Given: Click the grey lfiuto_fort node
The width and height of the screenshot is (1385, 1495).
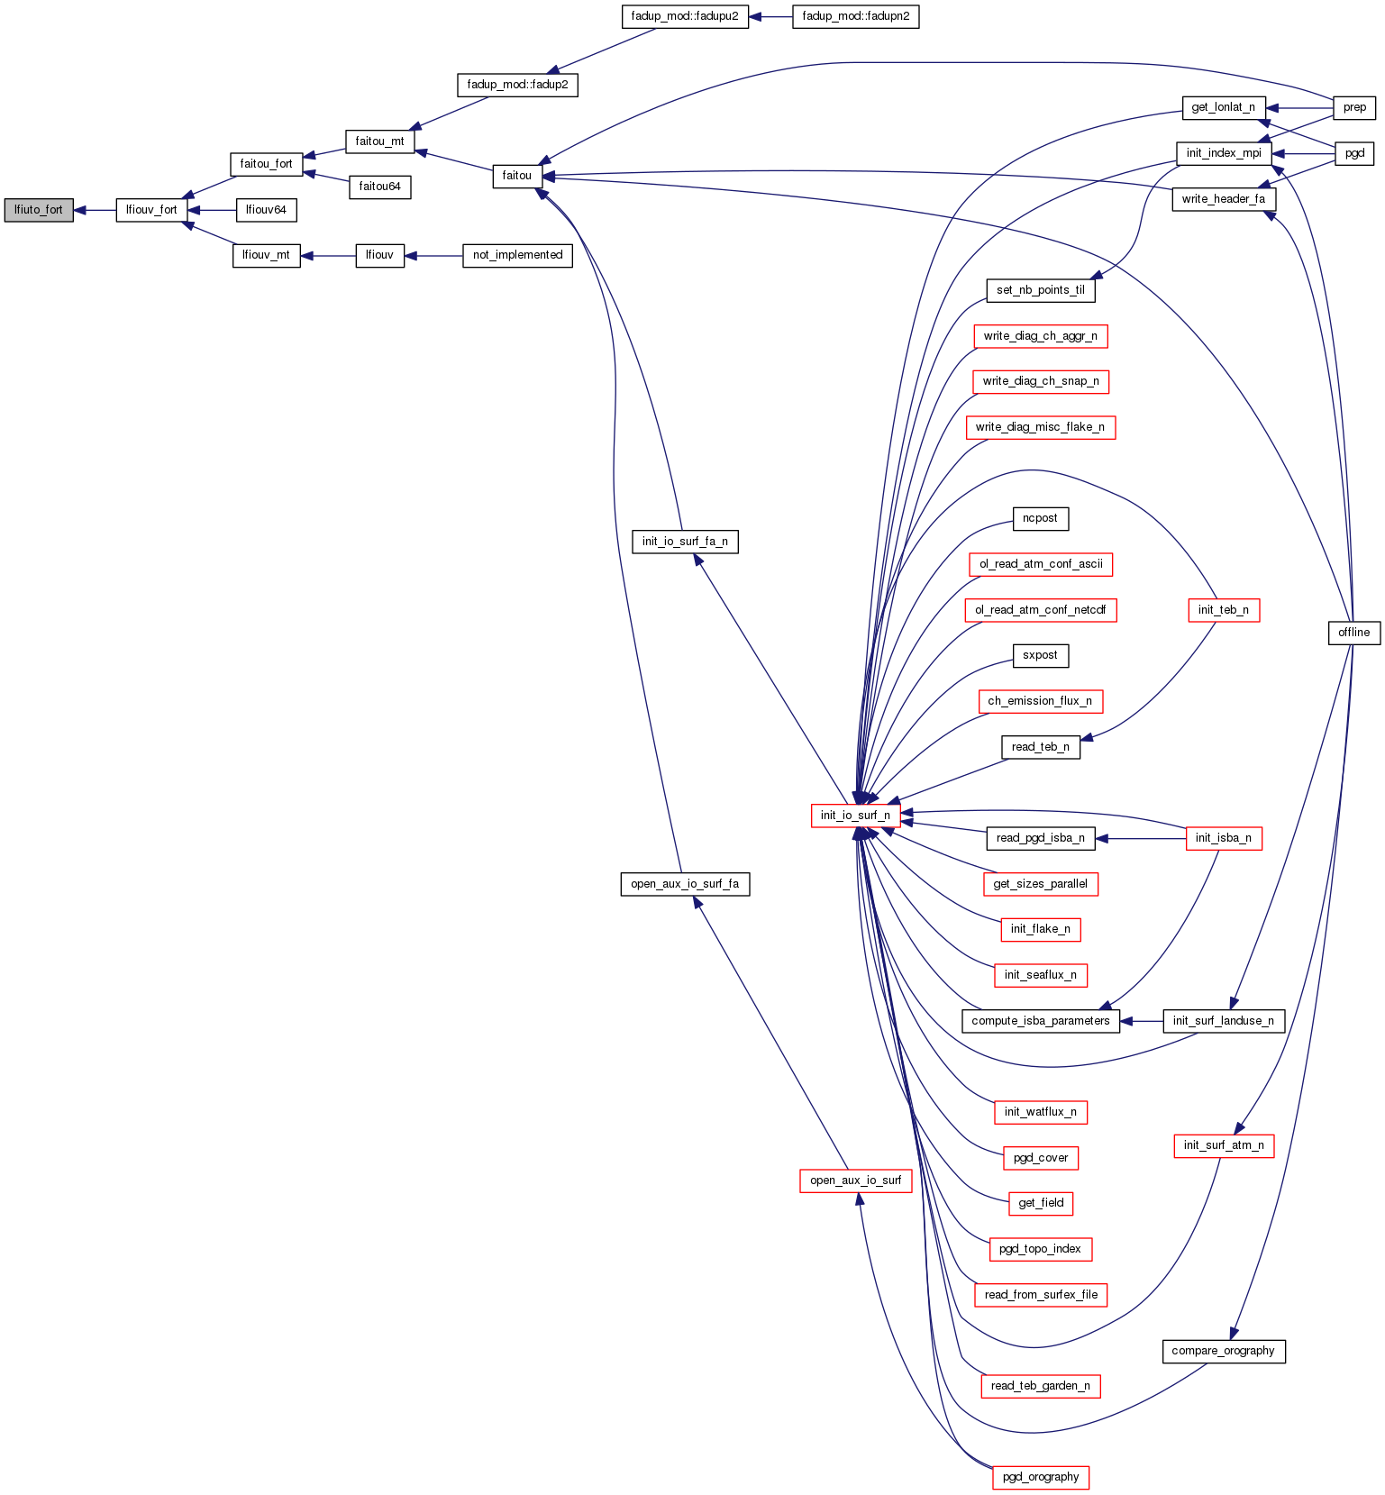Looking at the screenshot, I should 39,210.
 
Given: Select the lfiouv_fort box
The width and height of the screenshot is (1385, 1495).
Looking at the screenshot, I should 151,210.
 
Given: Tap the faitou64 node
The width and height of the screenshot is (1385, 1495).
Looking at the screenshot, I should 379,187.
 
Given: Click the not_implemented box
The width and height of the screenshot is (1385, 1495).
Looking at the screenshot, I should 517,255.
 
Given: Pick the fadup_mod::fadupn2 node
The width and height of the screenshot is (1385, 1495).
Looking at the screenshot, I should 855,16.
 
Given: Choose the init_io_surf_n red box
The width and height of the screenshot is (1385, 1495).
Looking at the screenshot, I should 854,816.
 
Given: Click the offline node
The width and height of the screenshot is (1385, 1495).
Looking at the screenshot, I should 1353,633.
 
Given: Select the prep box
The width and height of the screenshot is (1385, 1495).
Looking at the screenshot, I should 1354,107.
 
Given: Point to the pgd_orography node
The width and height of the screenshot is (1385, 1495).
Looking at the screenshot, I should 1040,1477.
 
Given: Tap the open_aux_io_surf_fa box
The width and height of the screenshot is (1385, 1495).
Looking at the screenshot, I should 685,884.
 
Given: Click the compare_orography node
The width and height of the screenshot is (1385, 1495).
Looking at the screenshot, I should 1223,1351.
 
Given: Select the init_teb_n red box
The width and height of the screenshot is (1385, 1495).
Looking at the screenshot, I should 1223,610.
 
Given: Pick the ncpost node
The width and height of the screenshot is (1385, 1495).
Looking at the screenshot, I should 1040,519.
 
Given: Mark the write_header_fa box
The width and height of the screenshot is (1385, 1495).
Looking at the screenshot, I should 1223,199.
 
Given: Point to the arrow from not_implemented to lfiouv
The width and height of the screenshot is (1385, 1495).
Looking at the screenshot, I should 433,256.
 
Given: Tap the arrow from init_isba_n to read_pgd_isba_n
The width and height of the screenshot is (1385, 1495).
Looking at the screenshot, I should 1140,838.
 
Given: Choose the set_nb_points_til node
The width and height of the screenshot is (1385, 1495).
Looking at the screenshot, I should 1040,290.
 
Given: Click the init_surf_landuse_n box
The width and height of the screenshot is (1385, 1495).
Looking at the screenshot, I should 1223,1021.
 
